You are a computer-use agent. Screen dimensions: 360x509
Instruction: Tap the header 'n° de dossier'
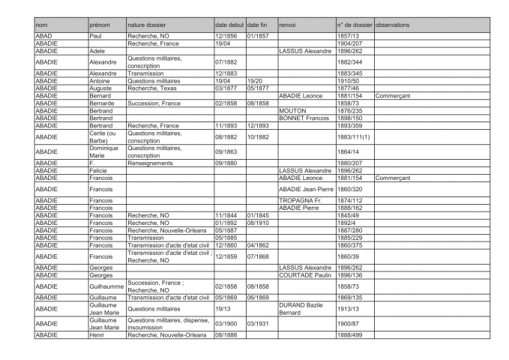click(354, 25)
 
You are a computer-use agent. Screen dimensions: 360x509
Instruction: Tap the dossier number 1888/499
click(350, 334)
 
